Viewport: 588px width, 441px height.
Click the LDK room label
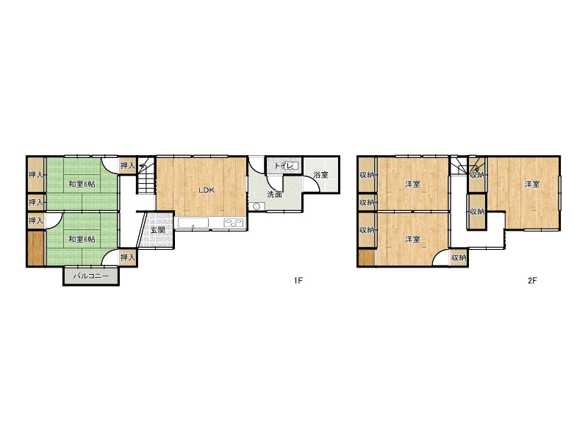207,190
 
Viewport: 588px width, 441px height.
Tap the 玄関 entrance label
158,230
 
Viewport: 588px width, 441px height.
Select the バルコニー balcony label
91,276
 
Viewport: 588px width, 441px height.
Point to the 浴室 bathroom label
321,175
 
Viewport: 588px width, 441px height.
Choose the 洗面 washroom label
274,194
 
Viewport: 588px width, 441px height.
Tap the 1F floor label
298,280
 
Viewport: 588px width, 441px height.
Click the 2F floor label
532,280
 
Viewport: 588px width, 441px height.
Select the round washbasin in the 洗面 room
257,207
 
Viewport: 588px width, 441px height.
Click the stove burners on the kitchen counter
234,223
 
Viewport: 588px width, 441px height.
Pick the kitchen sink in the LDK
193,223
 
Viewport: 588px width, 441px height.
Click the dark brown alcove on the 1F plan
36,248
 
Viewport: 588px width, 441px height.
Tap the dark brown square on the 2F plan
367,257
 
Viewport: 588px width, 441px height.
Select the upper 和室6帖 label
82,184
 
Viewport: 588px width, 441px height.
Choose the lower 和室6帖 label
82,240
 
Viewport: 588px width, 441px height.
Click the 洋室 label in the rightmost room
532,184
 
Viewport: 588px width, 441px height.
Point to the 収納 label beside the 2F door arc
459,258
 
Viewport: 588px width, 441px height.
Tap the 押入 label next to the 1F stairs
127,165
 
